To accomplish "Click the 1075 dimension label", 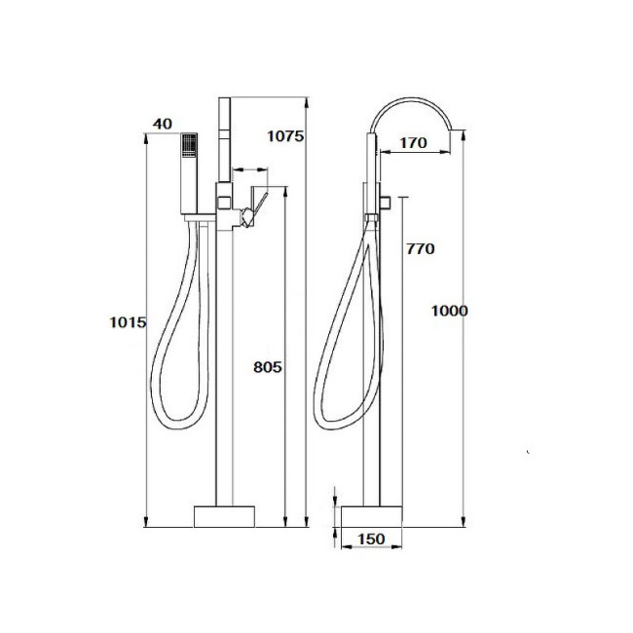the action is [x=285, y=136].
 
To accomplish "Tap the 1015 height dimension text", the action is [x=128, y=322].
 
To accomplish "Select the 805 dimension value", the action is [x=267, y=367].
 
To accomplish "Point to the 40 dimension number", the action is [x=163, y=124].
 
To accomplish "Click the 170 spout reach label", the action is [x=413, y=142].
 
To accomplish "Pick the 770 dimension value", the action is [x=421, y=248].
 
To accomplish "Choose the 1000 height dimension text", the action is [x=449, y=311].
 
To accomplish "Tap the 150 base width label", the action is [x=371, y=539].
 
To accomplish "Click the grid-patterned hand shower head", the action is [x=189, y=146].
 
